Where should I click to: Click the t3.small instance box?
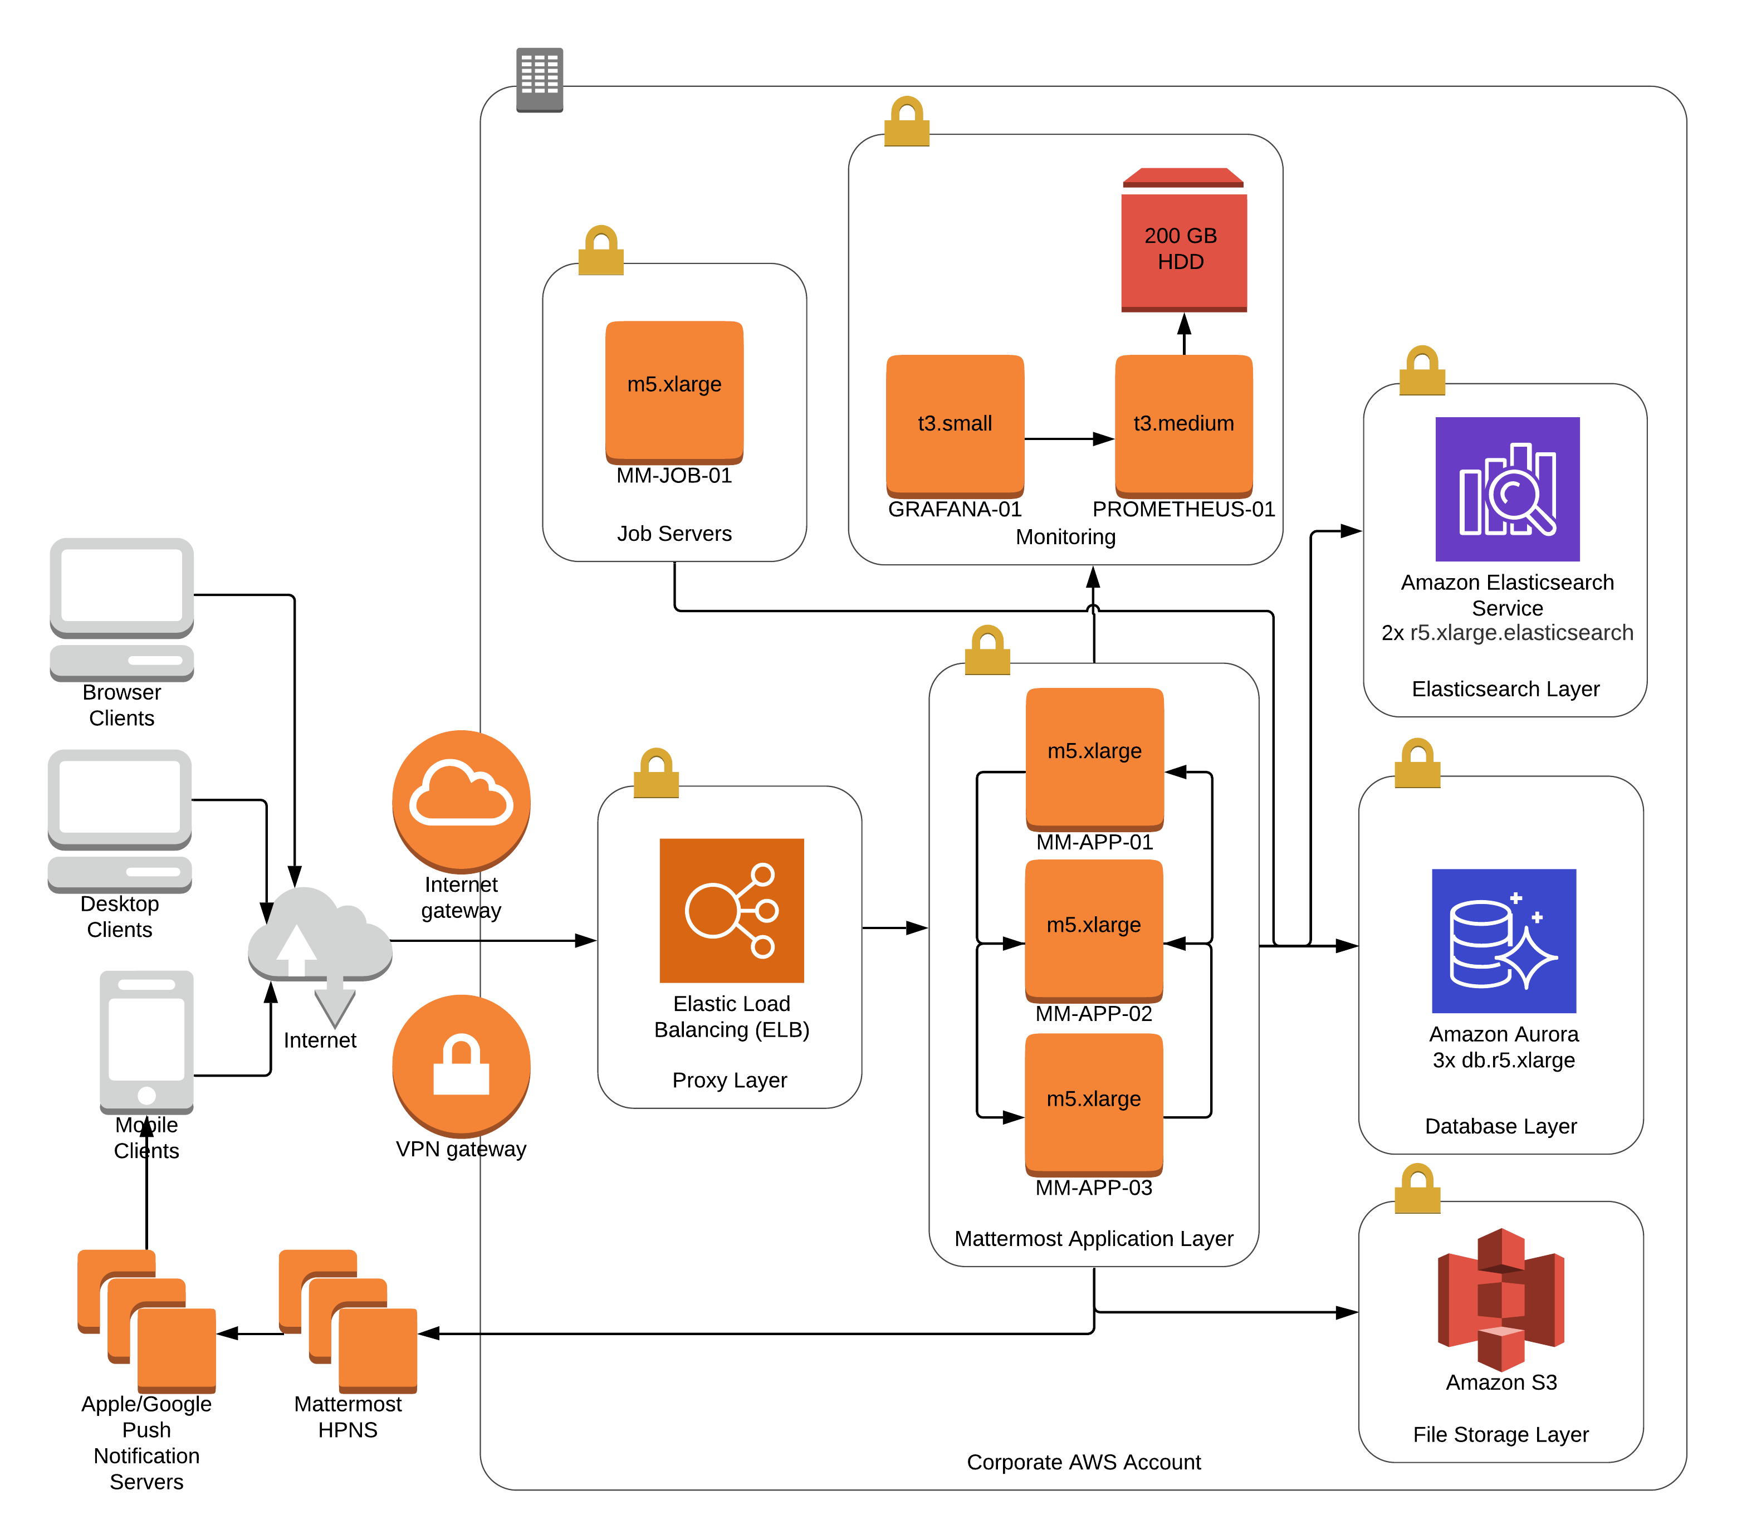click(x=955, y=425)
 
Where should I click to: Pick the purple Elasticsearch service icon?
click(x=1508, y=490)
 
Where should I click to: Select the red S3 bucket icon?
click(x=1501, y=1299)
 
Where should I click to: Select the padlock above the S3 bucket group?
click(x=1417, y=1188)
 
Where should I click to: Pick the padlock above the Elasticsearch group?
click(x=1422, y=370)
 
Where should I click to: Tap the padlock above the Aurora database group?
click(x=1417, y=763)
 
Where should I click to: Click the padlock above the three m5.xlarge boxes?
click(x=987, y=650)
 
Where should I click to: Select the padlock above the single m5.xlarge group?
click(x=601, y=250)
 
